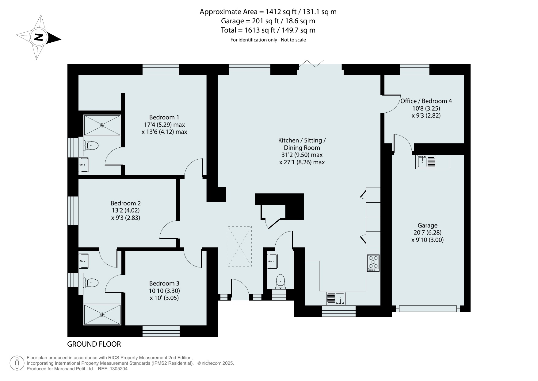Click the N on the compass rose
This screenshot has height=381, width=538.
38,37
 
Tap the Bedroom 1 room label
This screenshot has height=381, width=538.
164,117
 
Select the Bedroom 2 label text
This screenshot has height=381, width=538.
126,203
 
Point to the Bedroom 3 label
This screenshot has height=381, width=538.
164,283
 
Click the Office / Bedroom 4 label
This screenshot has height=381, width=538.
426,101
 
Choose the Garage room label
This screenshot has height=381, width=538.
427,225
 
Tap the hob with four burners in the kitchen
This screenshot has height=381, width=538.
373,263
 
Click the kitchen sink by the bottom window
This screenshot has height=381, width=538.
336,298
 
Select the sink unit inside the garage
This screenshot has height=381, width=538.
426,162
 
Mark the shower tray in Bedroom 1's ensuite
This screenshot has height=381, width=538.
102,125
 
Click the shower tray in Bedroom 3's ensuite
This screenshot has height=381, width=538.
102,314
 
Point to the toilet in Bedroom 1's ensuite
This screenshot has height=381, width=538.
91,146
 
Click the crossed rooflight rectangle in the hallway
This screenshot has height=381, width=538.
240,246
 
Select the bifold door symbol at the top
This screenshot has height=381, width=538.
311,64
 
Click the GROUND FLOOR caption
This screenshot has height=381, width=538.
94,344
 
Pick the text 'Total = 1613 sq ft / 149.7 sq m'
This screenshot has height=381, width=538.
268,30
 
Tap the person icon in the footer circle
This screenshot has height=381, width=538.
17,363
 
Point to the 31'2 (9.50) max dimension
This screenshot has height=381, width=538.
302,155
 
